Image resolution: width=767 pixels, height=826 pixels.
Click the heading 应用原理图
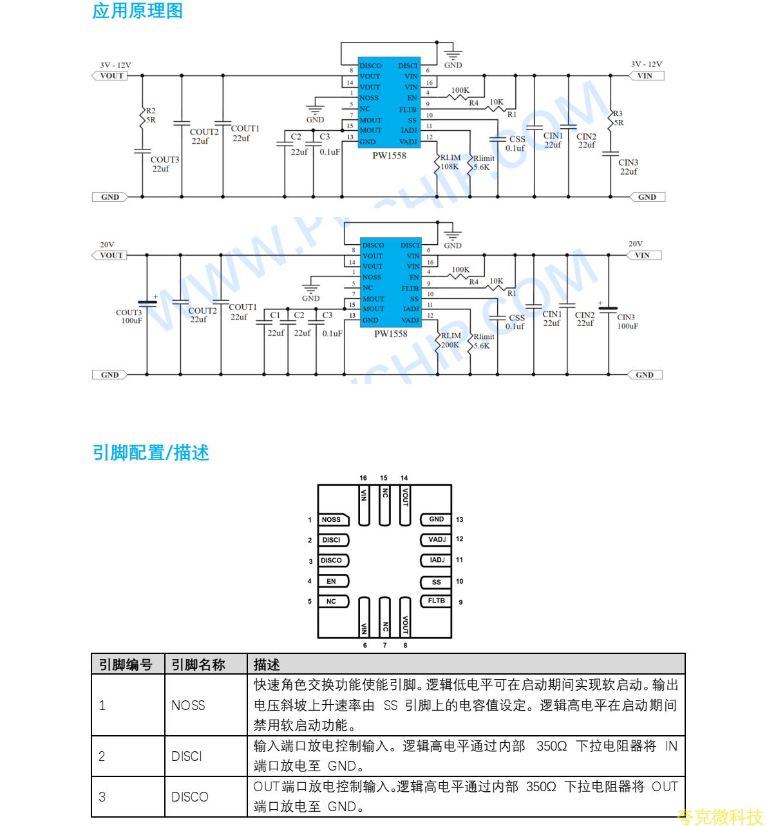pos(137,11)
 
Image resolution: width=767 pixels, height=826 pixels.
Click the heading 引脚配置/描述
pos(151,453)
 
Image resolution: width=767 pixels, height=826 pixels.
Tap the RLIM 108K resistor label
pos(450,162)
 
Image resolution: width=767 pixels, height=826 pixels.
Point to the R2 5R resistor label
pos(151,115)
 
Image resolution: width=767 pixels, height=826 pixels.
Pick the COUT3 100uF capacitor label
pos(129,316)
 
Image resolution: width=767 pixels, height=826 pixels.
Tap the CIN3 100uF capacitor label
pos(627,322)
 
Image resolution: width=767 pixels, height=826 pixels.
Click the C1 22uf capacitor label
pos(276,324)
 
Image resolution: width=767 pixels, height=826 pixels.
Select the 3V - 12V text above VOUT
pos(115,65)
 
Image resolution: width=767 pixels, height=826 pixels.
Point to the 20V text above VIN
pos(636,244)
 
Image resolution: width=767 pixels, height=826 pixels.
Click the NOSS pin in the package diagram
pos(332,519)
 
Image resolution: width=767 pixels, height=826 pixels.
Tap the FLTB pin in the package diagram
pos(436,600)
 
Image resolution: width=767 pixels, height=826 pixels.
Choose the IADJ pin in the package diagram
pos(437,560)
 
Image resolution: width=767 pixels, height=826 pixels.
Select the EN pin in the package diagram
pos(332,581)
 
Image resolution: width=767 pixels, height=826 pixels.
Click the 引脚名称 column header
pos(198,665)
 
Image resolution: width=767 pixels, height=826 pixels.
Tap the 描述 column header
pos(267,665)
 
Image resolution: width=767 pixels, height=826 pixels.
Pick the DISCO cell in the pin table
pos(190,797)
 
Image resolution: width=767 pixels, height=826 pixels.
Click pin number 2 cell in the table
pos(102,756)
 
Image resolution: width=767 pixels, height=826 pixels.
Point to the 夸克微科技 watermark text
pos(720,817)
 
